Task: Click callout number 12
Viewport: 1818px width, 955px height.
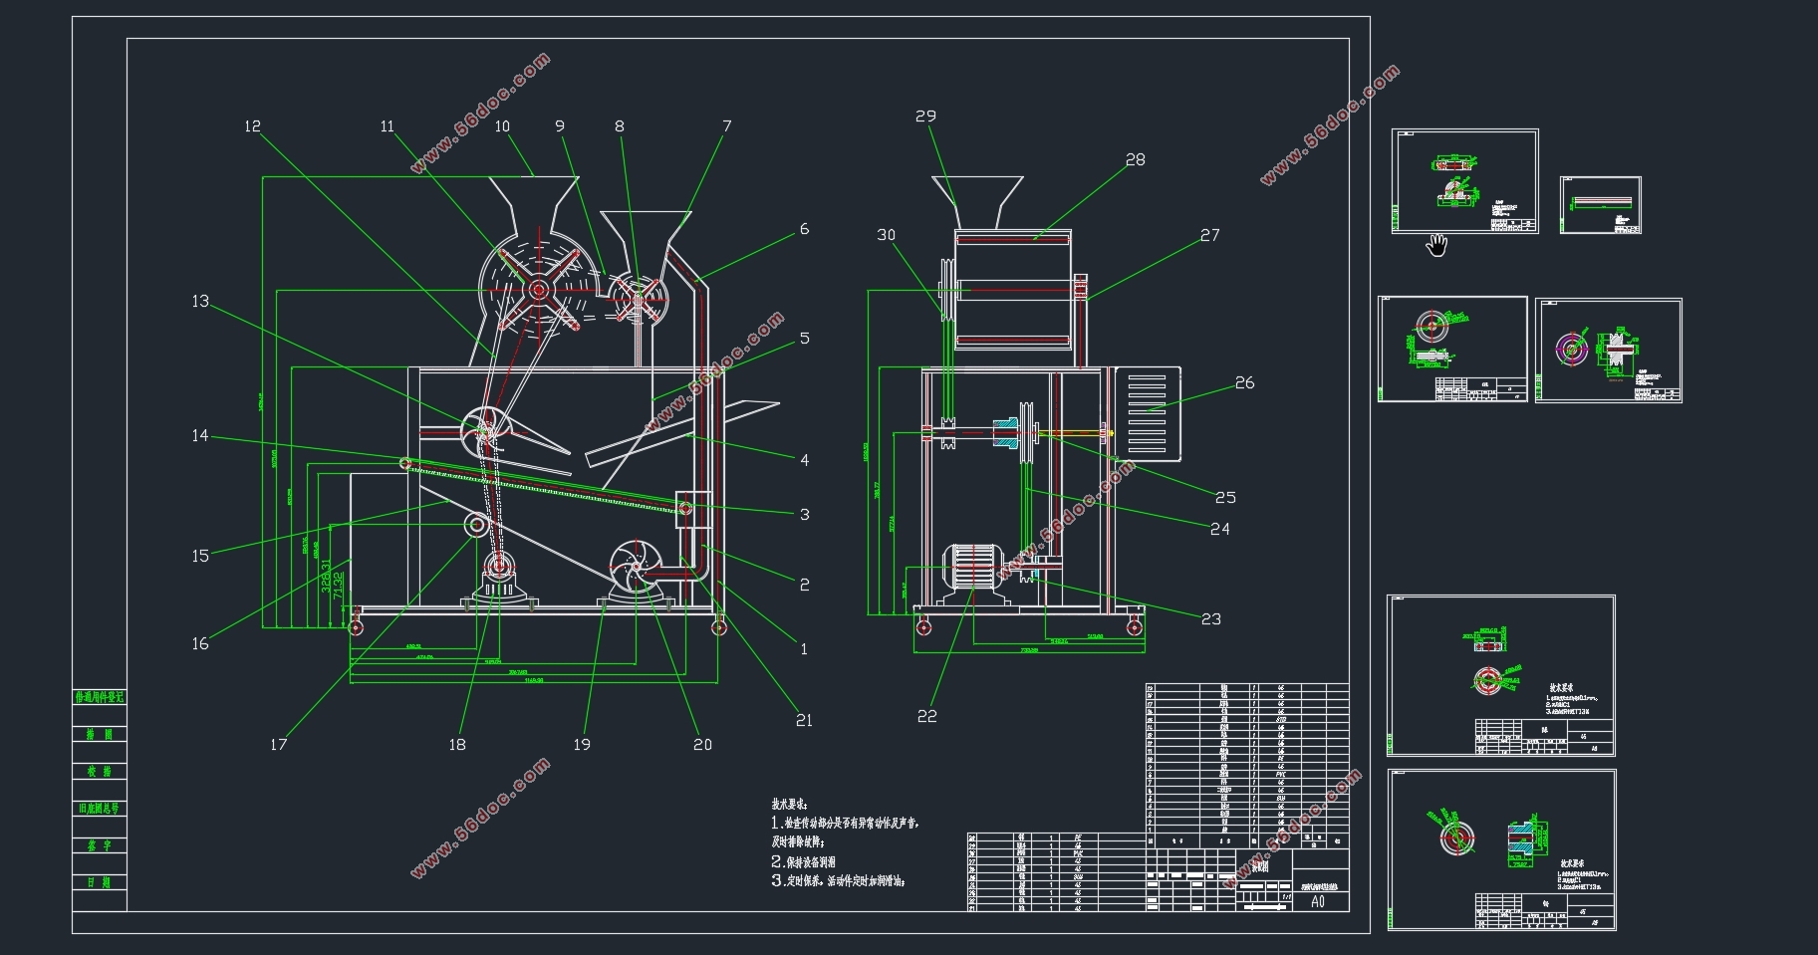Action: click(252, 126)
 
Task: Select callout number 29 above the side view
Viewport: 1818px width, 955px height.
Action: click(925, 117)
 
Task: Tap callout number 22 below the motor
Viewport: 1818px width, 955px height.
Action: click(926, 716)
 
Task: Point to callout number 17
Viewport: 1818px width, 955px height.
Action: click(279, 744)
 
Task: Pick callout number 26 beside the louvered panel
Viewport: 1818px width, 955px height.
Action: click(1244, 383)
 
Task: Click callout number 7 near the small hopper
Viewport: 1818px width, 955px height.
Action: click(727, 126)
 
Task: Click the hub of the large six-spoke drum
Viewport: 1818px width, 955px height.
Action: click(538, 290)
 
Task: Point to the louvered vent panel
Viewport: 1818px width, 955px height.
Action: click(1147, 414)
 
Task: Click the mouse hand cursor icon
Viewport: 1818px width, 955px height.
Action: click(1435, 245)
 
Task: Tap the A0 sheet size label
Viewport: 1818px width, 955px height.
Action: click(1318, 902)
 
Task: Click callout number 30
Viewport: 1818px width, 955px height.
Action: click(886, 235)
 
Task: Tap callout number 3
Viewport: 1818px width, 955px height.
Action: click(805, 515)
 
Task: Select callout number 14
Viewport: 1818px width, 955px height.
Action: click(200, 435)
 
